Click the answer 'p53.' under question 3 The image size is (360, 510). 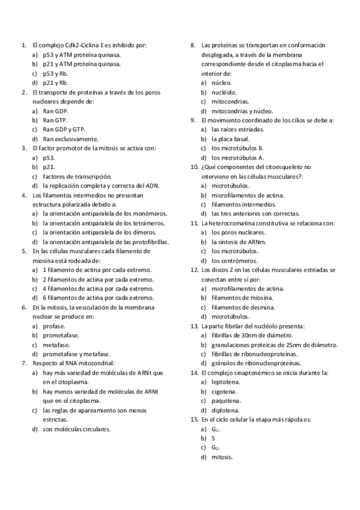pyautogui.click(x=49, y=158)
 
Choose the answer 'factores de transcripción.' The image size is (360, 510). pyautogui.click(x=77, y=176)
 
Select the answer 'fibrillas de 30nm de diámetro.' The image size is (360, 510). pyautogui.click(x=252, y=336)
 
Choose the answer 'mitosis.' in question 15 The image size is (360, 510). pyautogui.click(x=222, y=458)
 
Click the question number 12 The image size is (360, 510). pyautogui.click(x=194, y=270)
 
